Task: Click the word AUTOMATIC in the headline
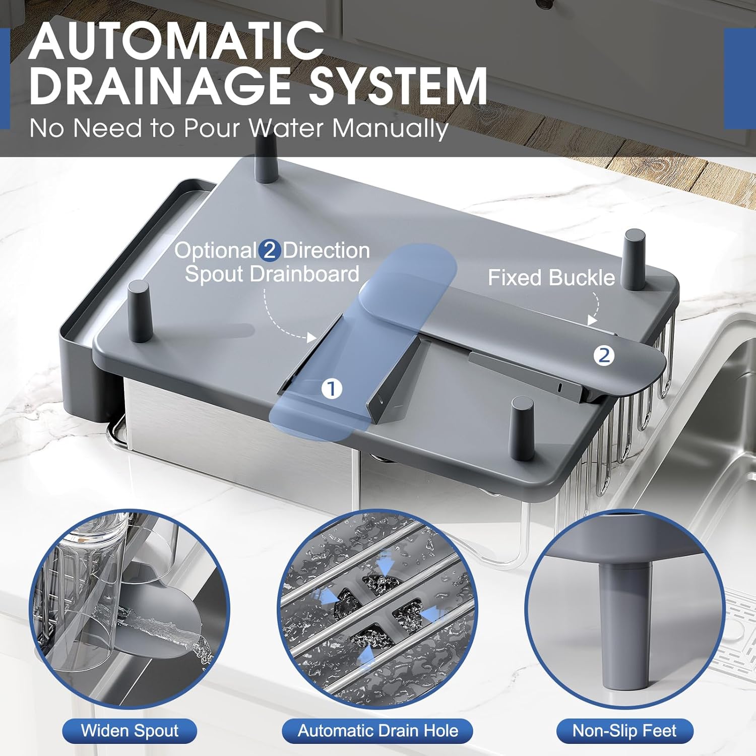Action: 176,41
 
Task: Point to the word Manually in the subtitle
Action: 390,129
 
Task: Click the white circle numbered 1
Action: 331,389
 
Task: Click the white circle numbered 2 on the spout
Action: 604,355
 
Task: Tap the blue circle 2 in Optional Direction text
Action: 270,250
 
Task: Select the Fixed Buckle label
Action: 551,278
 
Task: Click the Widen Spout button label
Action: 130,731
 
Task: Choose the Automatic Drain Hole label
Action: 377,731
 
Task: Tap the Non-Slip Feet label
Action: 624,731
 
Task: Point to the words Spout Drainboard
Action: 272,274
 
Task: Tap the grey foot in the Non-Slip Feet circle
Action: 623,625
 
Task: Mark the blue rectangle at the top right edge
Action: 740,79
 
